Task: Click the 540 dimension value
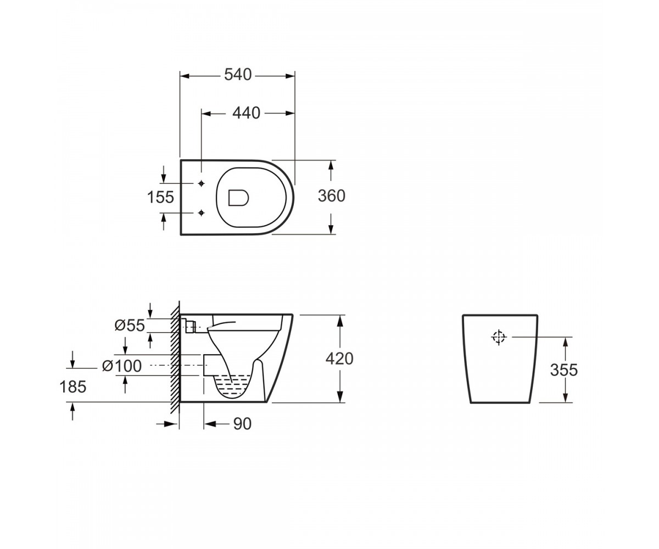coord(238,75)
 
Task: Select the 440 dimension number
coord(246,113)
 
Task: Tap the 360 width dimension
coord(331,196)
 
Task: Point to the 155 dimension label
coord(160,197)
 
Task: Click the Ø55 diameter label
coord(130,325)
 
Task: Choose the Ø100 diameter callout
coord(122,366)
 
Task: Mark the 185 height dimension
coord(72,387)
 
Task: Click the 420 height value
coord(339,358)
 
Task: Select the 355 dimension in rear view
coord(563,370)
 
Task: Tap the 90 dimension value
coord(242,424)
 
